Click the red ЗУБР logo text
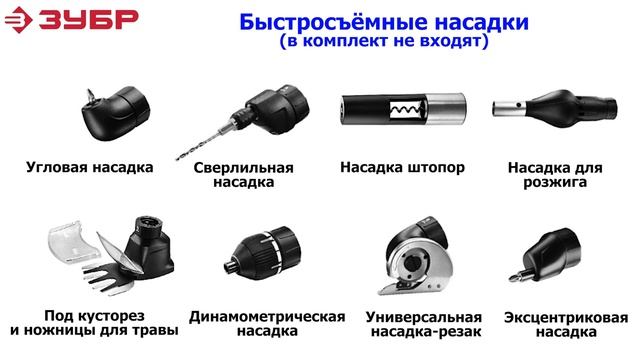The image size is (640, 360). [x=89, y=19]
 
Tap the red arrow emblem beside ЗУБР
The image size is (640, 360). [x=18, y=20]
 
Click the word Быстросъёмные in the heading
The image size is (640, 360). [x=334, y=22]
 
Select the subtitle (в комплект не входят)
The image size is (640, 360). [x=384, y=41]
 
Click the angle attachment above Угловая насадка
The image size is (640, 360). [x=115, y=113]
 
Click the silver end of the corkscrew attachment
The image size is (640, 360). [x=446, y=109]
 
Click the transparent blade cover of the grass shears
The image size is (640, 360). [x=73, y=242]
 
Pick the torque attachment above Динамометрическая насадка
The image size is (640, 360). [x=262, y=253]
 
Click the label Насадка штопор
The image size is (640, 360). [x=402, y=167]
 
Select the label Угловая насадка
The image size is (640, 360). [x=90, y=167]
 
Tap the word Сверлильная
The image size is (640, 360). [x=243, y=167]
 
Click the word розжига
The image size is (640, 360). [x=555, y=182]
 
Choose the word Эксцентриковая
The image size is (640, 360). [x=566, y=318]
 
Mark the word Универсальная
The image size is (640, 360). [x=424, y=317]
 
